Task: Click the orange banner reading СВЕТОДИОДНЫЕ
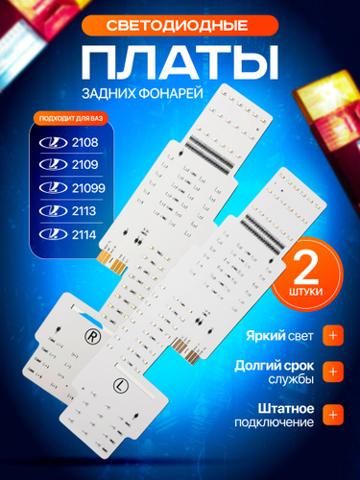pos(180,25)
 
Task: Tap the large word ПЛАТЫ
pos(180,62)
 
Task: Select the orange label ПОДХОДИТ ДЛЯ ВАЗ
pos(71,119)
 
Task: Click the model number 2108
pos(84,143)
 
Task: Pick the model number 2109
pos(84,165)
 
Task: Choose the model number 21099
pos(88,188)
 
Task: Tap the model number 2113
pos(84,211)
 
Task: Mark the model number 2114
pos(84,235)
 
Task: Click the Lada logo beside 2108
pos(53,143)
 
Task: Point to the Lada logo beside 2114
pos(53,234)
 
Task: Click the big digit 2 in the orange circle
pos(306,269)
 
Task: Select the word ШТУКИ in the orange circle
pos(306,292)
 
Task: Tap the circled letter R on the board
pos(92,336)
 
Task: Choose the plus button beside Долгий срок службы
pos(333,372)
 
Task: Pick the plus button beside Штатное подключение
pos(333,415)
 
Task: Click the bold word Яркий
pos(266,336)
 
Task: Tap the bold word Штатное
pos(286,409)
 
